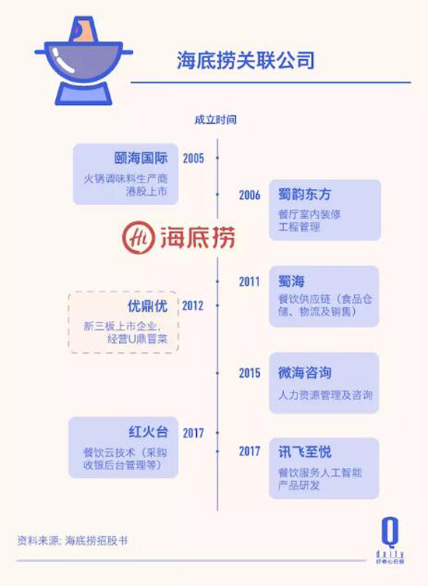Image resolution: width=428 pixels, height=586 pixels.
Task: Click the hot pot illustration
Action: point(83,61)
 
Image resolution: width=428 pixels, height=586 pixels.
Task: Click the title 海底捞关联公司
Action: point(245,61)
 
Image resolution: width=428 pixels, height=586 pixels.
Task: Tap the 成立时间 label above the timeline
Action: point(216,120)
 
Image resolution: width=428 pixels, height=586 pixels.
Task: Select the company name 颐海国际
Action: point(141,158)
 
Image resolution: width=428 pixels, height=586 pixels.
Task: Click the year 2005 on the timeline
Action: point(194,159)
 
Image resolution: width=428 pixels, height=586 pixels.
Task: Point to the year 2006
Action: point(250,195)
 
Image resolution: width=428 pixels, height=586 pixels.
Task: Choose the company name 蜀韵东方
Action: point(304,194)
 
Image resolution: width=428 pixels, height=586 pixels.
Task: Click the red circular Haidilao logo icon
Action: point(139,237)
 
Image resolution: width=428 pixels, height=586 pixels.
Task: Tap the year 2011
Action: point(250,281)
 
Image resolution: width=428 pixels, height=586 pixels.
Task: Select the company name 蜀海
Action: point(292,281)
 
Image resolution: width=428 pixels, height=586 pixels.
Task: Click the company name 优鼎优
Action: point(147,305)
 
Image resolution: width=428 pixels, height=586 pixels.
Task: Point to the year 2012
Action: point(193,305)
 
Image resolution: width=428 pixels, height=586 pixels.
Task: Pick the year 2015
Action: point(250,372)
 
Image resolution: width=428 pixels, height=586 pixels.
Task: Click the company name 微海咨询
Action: point(304,372)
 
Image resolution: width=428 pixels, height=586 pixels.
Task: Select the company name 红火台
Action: point(148,432)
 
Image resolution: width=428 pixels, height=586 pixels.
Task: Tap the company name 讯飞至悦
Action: point(304,452)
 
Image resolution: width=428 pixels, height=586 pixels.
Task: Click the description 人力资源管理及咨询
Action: point(325,395)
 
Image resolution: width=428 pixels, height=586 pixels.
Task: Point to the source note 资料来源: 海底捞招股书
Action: point(72,540)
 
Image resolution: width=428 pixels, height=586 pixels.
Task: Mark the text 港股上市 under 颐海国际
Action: point(146,191)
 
